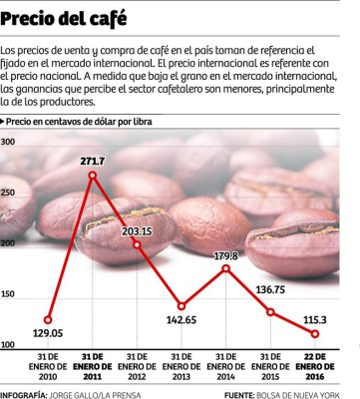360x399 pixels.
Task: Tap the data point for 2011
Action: tap(92, 176)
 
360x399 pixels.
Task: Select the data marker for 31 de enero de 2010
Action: tap(48, 320)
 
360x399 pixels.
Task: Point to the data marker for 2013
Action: tap(181, 306)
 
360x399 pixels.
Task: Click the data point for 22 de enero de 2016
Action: tap(315, 333)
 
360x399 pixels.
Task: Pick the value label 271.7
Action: tap(92, 161)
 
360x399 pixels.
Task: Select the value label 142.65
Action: tap(181, 321)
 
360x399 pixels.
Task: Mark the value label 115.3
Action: tap(315, 317)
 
